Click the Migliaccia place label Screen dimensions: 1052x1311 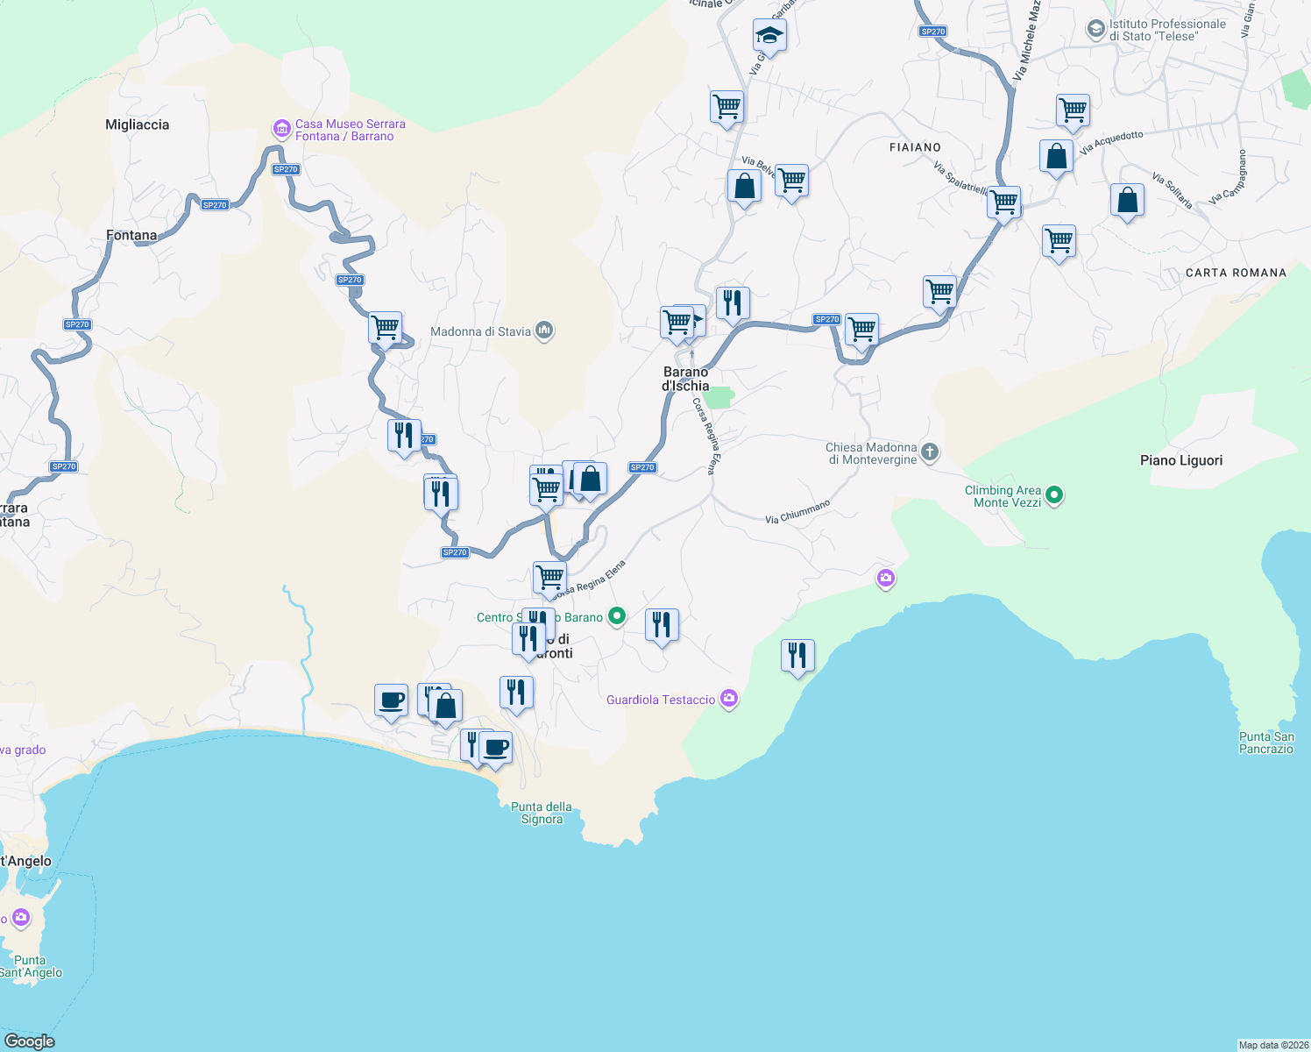coord(137,124)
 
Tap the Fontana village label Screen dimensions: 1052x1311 coord(131,235)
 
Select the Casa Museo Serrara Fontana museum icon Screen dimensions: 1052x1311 coord(281,130)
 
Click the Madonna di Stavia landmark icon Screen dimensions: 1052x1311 coord(544,331)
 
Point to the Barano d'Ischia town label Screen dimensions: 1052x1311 coord(685,379)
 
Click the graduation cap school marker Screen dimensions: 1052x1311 coord(769,36)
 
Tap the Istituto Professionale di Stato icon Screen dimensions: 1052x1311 coord(1095,29)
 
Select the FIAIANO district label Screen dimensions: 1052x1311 coord(915,147)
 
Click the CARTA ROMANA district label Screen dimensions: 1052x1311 coord(1236,273)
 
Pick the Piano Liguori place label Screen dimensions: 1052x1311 coord(1180,460)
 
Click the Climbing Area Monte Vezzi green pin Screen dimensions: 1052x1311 coord(1054,495)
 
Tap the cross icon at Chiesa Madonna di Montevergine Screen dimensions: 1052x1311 coord(930,452)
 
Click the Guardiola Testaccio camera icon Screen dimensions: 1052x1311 coord(729,699)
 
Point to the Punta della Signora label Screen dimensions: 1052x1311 coord(542,813)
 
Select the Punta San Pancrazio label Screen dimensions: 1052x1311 coord(1266,743)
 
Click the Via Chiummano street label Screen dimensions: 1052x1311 coord(797,512)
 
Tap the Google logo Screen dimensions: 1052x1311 coord(29,1041)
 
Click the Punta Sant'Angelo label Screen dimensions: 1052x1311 coord(31,966)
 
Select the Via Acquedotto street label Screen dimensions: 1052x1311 coord(1111,142)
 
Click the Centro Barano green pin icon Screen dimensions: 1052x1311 coord(617,616)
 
